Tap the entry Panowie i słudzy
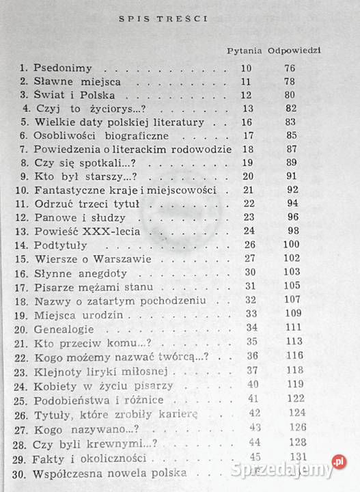[x=71, y=217]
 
